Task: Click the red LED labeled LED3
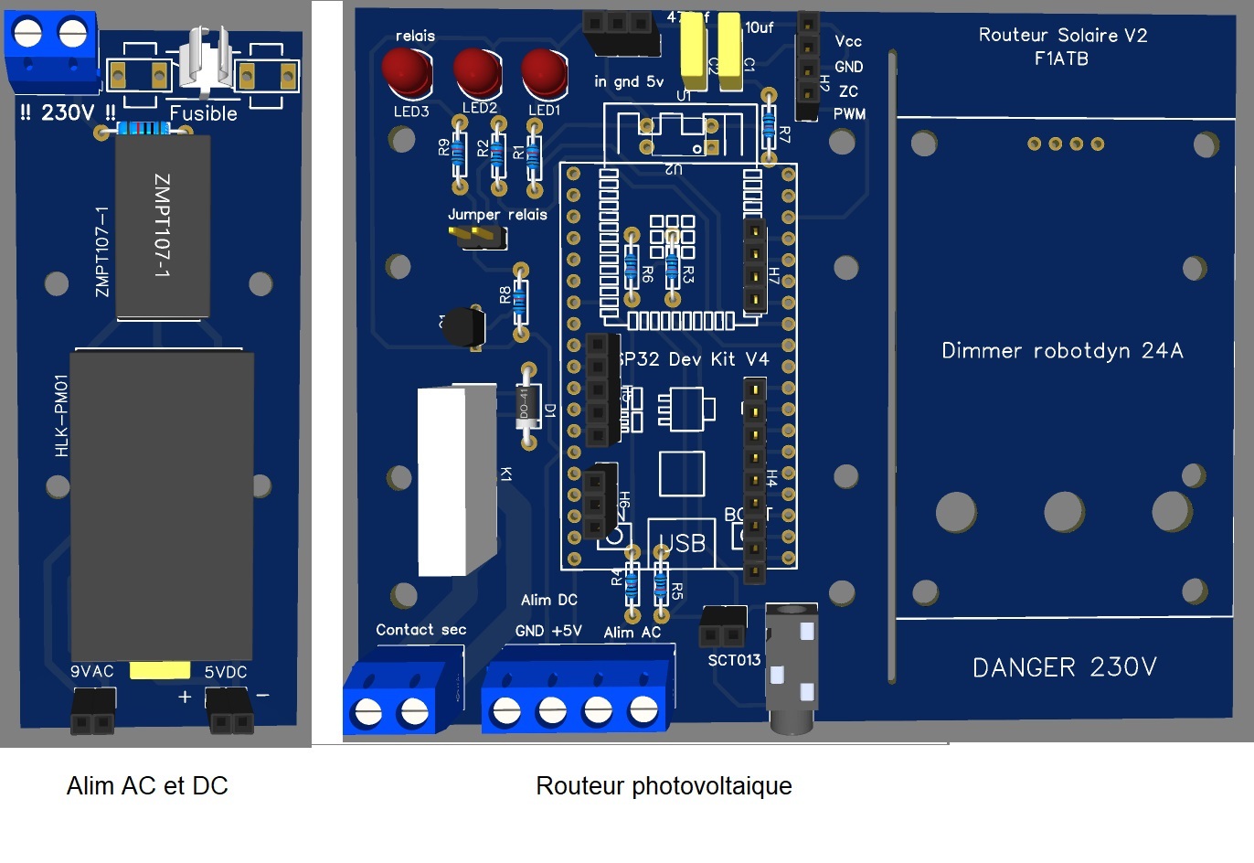click(407, 72)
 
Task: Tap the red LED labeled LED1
click(544, 72)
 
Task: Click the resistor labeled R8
click(520, 303)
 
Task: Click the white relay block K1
click(457, 481)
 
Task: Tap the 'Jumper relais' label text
click(497, 215)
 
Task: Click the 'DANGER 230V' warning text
click(1064, 667)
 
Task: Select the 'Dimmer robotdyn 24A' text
click(1062, 351)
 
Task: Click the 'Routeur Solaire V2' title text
click(1062, 36)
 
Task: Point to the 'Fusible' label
click(203, 113)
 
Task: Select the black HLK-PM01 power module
click(161, 503)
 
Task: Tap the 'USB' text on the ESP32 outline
click(683, 544)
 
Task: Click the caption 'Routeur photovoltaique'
click(664, 786)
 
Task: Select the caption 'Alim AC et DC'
click(147, 786)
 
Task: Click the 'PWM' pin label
click(849, 114)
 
